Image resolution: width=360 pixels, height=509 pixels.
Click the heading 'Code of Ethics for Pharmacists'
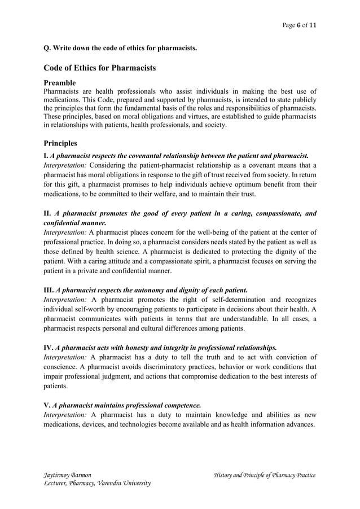(x=99, y=68)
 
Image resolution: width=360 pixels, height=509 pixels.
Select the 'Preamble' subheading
(x=64, y=82)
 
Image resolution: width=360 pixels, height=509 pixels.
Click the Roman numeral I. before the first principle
(x=46, y=155)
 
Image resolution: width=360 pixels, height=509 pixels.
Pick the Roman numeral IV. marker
(x=49, y=347)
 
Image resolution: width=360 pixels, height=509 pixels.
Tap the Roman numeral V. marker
(x=47, y=405)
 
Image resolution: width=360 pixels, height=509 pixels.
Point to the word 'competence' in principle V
(x=181, y=405)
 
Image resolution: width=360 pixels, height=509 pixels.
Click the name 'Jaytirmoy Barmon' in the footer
(x=68, y=476)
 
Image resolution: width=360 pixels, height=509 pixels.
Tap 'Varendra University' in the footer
(x=124, y=485)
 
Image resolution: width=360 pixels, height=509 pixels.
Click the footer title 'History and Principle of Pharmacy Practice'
(x=264, y=476)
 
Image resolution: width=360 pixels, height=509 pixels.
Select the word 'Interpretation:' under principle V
(x=65, y=414)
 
